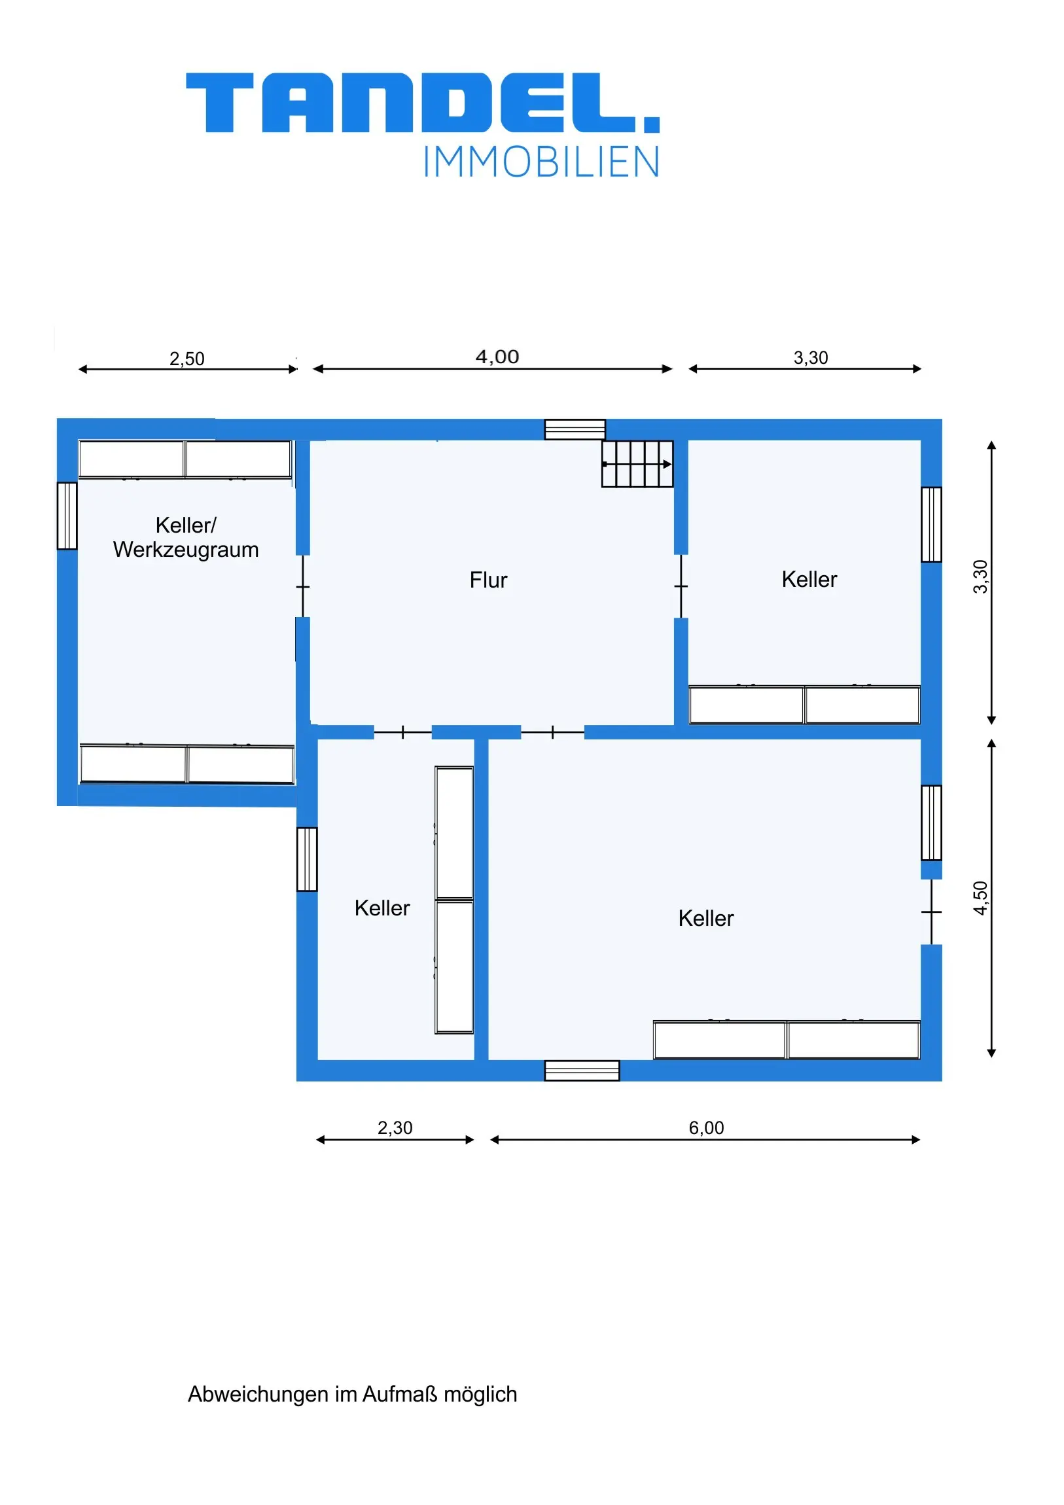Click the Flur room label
(x=488, y=580)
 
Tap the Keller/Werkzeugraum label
(x=186, y=537)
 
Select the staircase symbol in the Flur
(x=637, y=464)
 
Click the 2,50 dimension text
(x=187, y=359)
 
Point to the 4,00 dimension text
(x=497, y=357)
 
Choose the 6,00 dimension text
(x=706, y=1127)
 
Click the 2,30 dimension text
(x=395, y=1127)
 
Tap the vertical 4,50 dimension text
(x=980, y=898)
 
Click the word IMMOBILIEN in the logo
(x=541, y=162)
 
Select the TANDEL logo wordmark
(x=423, y=103)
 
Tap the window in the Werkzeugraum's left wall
(x=67, y=516)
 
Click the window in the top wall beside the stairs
(x=575, y=429)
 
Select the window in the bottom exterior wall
(x=582, y=1071)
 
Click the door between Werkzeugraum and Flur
(x=303, y=587)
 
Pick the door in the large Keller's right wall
(x=932, y=912)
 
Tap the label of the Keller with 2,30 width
(x=382, y=908)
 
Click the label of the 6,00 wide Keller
(x=706, y=919)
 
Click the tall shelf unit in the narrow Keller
(x=454, y=900)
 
